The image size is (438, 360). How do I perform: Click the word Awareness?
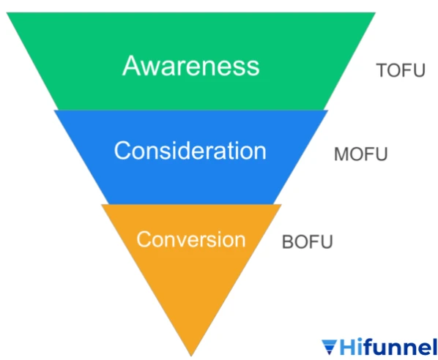pos(191,66)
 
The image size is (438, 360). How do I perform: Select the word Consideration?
pos(190,151)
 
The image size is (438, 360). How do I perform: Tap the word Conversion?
pos(191,239)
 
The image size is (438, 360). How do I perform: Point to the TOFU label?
pos(401,70)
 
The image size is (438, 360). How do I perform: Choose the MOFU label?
pos(360,154)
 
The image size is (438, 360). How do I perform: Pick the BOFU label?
pos(308,241)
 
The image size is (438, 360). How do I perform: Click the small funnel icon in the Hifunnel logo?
pos(330,347)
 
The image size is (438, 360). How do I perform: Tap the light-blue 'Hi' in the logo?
pos(351,347)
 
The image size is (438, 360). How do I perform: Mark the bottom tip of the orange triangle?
pos(191,356)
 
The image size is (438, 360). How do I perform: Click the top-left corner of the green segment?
pos(7,12)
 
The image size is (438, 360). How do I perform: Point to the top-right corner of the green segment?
pos(375,12)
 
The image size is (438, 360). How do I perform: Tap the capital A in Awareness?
pos(131,65)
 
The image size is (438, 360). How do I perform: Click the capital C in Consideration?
pos(123,151)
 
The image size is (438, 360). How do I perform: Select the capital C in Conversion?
pos(144,239)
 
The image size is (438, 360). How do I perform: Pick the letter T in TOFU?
pos(382,70)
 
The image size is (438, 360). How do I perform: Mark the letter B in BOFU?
pos(288,241)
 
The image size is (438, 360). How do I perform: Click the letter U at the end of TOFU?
pos(419,70)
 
